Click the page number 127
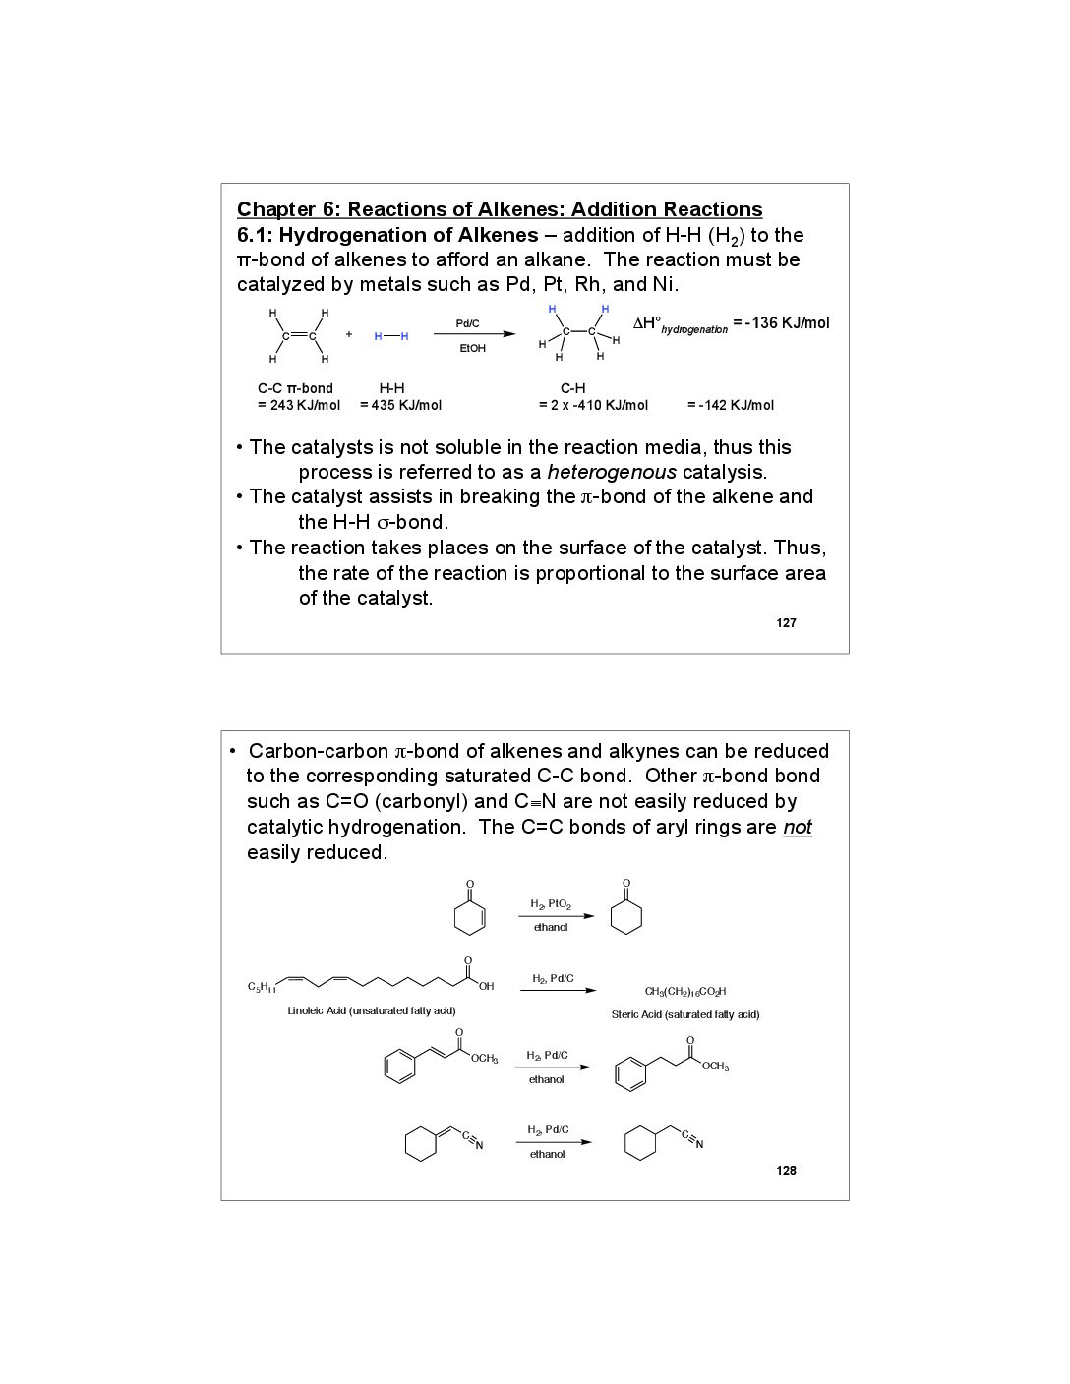pos(786,623)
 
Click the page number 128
pos(786,1171)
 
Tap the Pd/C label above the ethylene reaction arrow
pos(468,323)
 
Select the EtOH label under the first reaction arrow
pos(473,349)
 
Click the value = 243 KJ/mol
pos(299,405)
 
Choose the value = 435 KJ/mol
pos(400,405)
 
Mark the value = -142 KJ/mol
pos(730,405)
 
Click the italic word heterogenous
pos(612,472)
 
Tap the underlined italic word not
pos(798,827)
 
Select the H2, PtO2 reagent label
pos(551,904)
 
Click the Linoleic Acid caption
pos(372,1010)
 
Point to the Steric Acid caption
pos(685,1014)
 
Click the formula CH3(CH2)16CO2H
pos(685,992)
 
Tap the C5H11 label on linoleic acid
pos(261,986)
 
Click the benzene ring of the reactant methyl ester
pos(400,1067)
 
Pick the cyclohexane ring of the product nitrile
pos(640,1143)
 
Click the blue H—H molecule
pos(391,336)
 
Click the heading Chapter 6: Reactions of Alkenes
pos(500,209)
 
